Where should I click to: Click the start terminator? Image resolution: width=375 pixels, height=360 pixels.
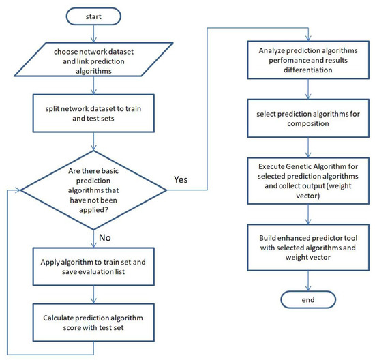(x=93, y=16)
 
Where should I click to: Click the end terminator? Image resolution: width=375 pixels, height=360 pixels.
(x=308, y=299)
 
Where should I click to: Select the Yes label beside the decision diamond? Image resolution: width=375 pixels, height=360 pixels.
(x=181, y=179)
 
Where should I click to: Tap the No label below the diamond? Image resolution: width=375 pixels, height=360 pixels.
(x=105, y=237)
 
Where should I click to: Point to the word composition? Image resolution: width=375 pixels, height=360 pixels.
(x=308, y=123)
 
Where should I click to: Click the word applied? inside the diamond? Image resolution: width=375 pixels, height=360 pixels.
(x=93, y=210)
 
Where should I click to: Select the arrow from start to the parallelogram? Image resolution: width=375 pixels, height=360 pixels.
(x=94, y=33)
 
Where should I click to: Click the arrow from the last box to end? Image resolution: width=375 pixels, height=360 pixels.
(x=308, y=281)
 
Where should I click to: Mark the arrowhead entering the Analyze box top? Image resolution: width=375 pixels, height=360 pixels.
(x=308, y=38)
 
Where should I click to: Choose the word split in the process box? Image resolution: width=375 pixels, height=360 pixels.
(x=52, y=109)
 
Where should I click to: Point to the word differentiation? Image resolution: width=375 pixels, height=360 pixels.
(x=308, y=70)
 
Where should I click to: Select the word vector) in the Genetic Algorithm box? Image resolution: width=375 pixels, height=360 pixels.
(x=308, y=196)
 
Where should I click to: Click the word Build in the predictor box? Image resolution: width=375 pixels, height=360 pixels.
(x=267, y=238)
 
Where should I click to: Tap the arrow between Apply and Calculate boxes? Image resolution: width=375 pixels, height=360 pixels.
(x=94, y=295)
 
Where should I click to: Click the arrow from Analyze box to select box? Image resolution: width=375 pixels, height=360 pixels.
(x=308, y=89)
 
